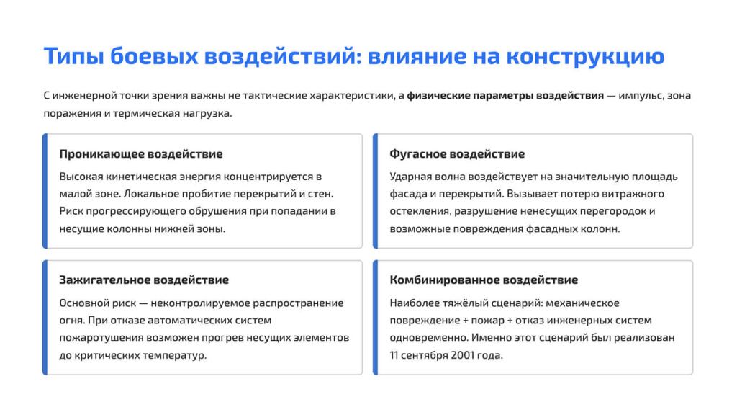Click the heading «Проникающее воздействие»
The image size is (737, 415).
point(141,154)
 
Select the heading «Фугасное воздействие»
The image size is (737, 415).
point(457,154)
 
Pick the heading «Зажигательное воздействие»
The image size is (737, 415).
point(144,280)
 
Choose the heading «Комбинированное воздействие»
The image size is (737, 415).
point(484,280)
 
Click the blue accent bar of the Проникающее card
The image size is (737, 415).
point(45,191)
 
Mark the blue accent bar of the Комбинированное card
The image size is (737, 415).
point(375,318)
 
